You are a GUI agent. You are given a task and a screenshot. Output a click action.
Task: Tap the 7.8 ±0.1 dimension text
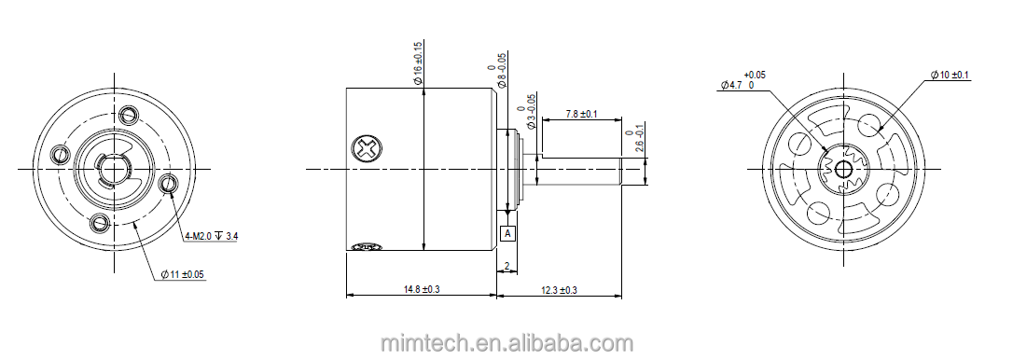581,114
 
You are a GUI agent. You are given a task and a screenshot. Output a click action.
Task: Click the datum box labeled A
508,232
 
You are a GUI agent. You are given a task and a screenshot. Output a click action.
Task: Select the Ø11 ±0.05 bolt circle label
183,275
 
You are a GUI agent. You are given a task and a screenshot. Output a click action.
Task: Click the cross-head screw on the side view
367,148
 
